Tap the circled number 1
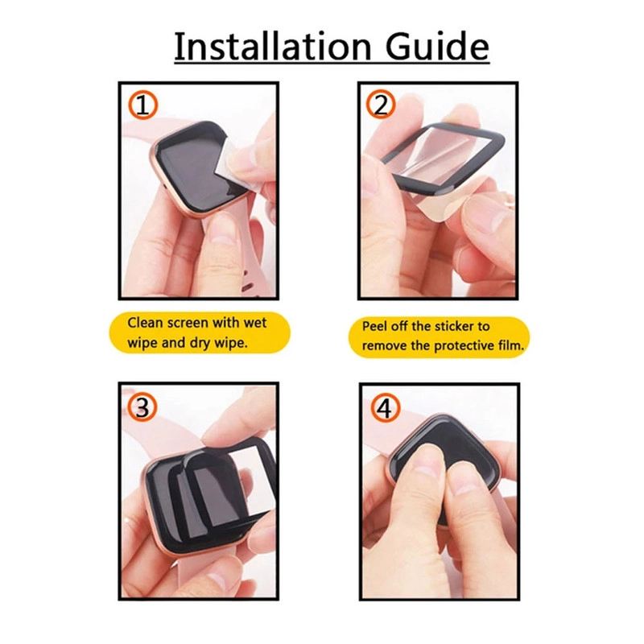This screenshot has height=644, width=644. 142,105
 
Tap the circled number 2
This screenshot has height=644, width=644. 381,105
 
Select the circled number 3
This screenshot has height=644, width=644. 142,409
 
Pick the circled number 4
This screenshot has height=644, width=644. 385,409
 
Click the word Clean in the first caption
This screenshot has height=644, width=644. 145,323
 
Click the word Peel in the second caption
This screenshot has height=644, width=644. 374,326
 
